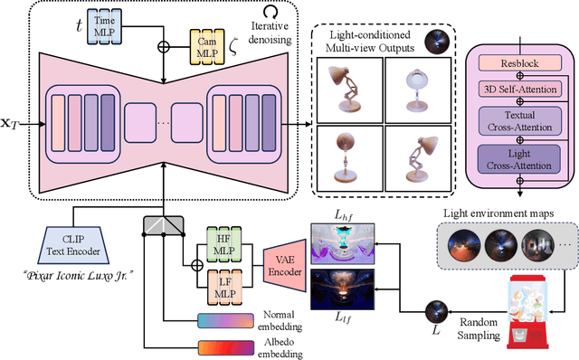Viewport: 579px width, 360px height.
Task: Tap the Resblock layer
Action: pyautogui.click(x=520, y=63)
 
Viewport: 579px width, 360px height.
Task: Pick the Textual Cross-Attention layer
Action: pyautogui.click(x=520, y=120)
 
